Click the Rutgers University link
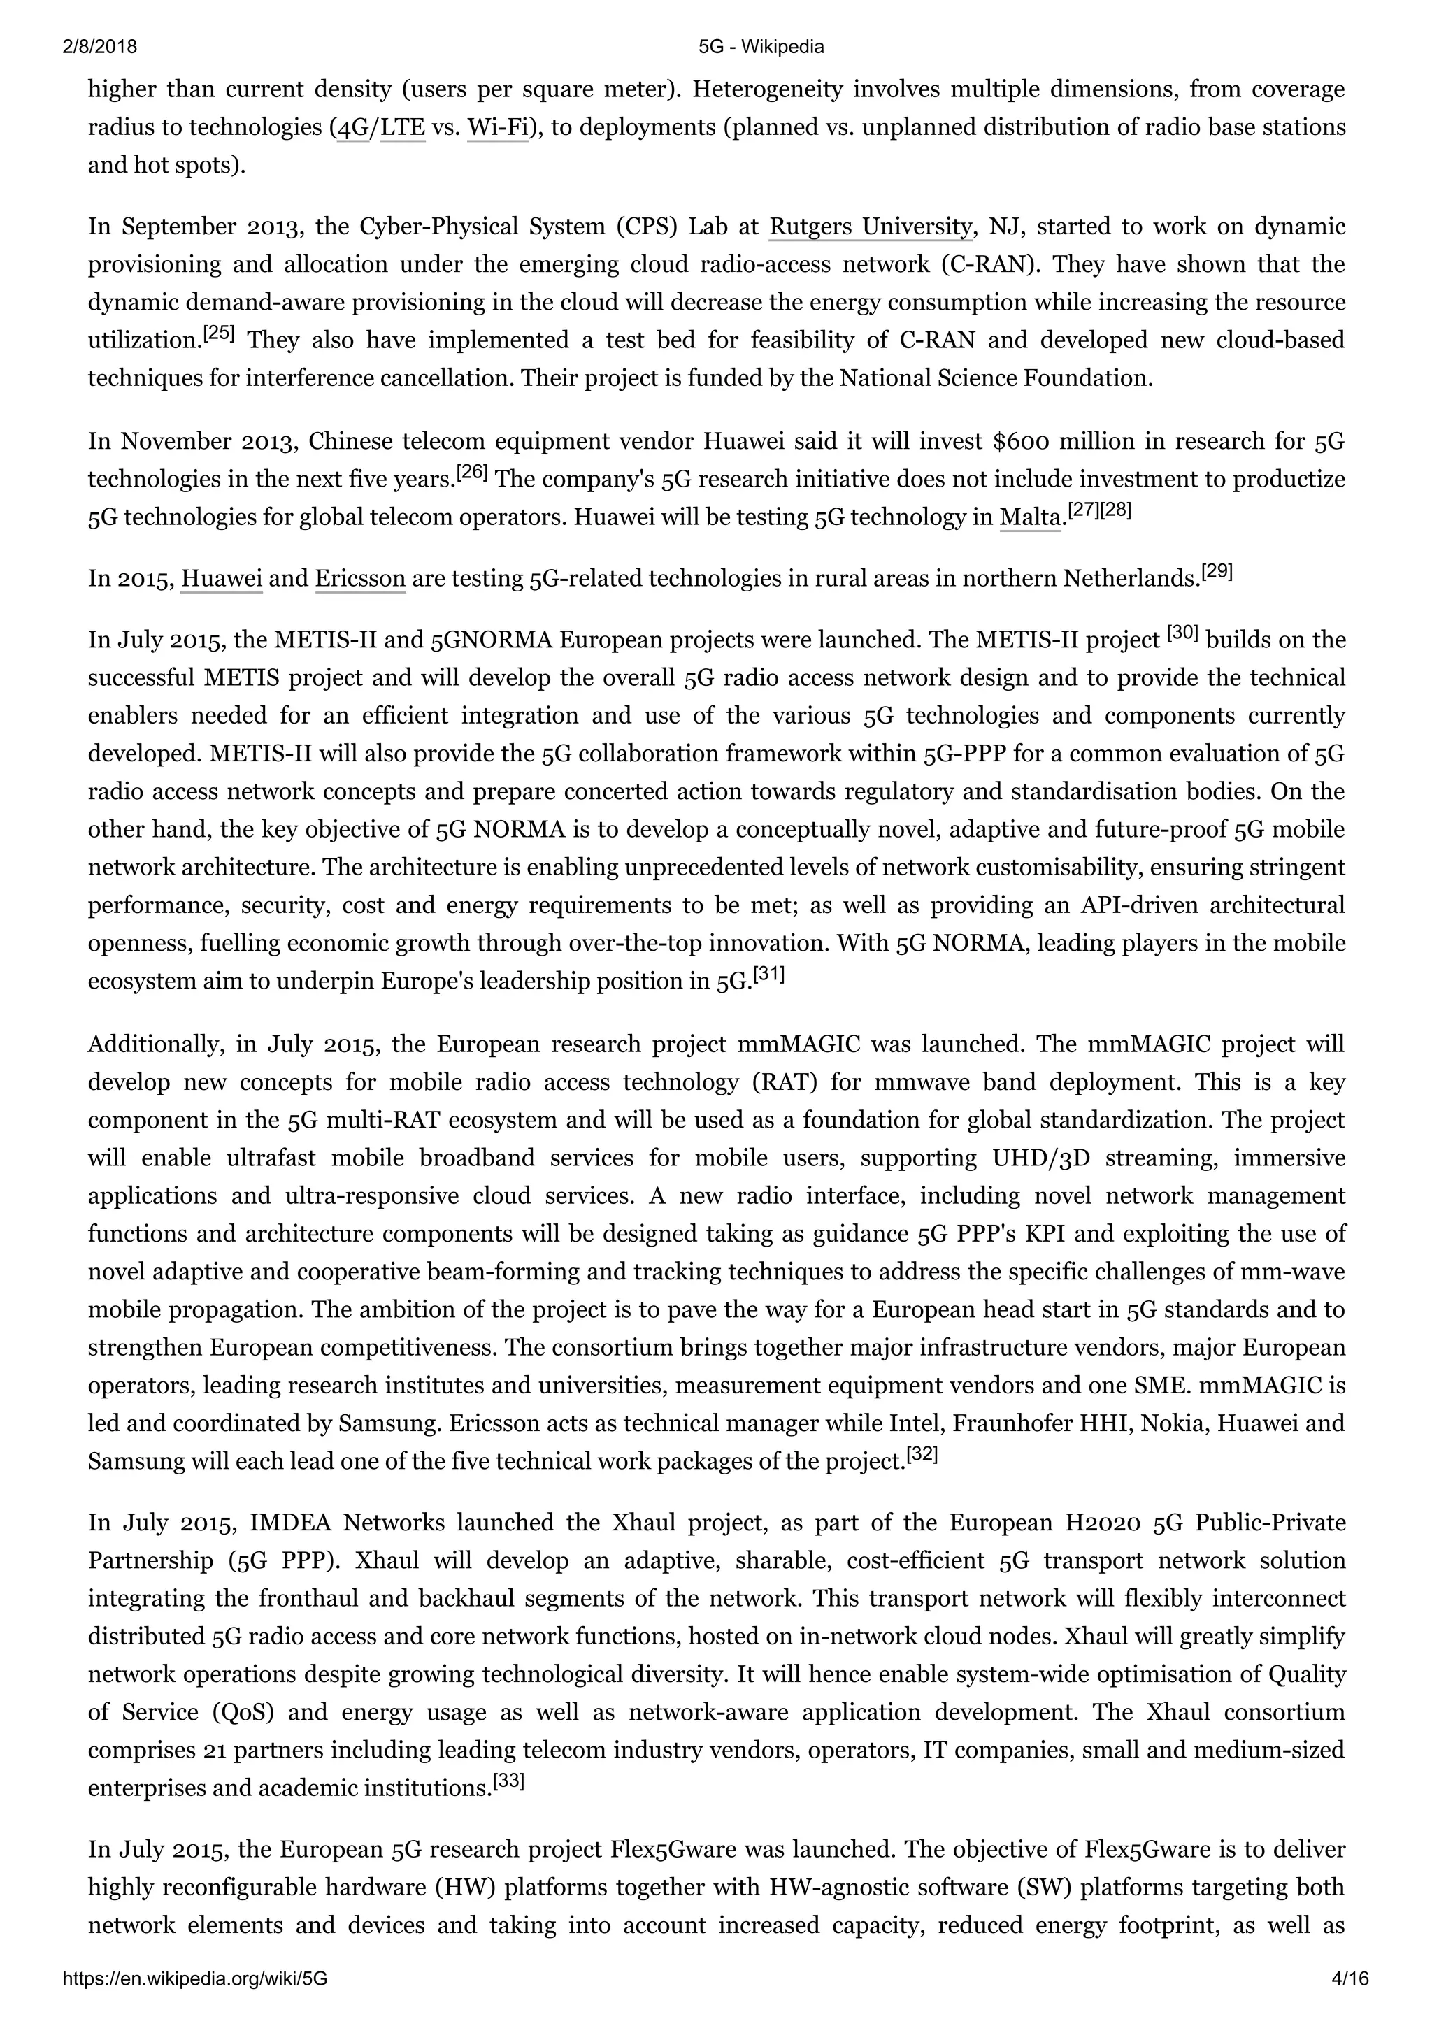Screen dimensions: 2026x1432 click(x=869, y=227)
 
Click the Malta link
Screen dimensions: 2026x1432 click(x=1030, y=517)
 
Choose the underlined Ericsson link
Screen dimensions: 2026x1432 click(x=360, y=579)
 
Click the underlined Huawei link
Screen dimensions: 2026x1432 click(x=222, y=579)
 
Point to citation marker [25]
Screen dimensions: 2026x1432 click(x=218, y=334)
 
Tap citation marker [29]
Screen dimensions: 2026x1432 click(x=1217, y=572)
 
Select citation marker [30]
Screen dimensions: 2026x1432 click(x=1182, y=633)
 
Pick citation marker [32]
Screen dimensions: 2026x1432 click(x=922, y=1456)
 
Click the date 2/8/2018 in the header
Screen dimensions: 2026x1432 click(x=100, y=47)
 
